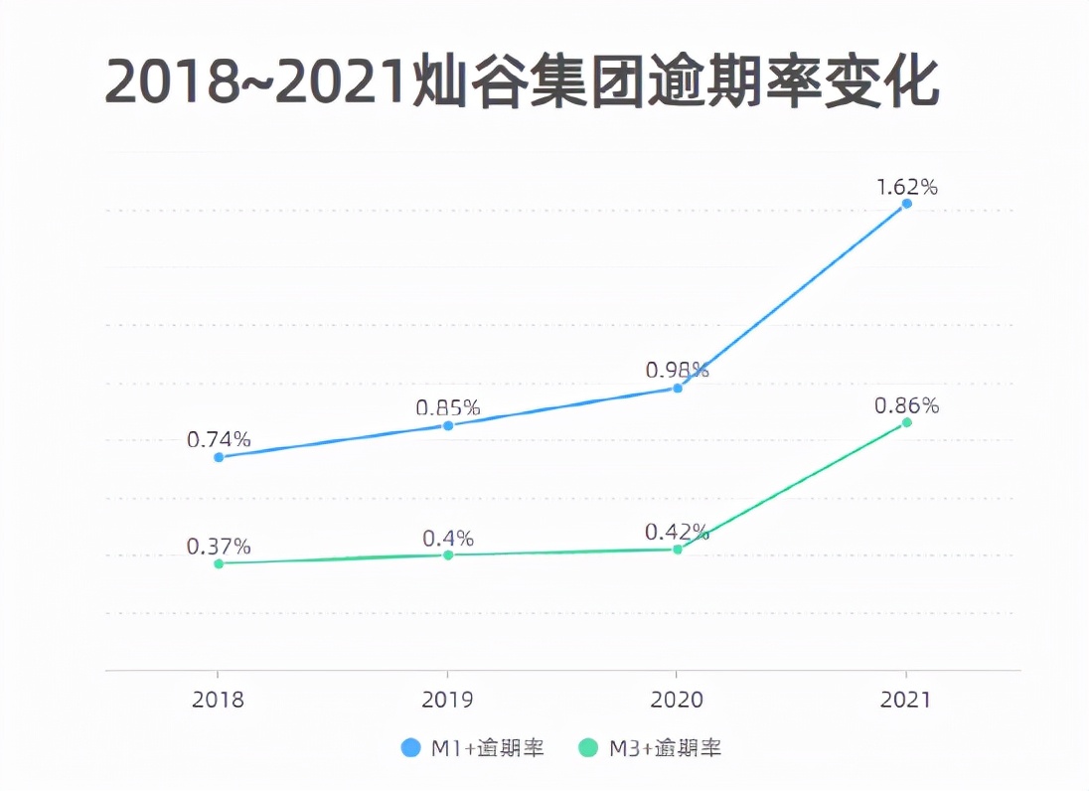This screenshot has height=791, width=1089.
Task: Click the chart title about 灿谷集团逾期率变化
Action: pos(522,81)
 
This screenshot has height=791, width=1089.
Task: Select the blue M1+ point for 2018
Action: pos(219,457)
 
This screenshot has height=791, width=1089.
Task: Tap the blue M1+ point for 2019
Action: pos(448,425)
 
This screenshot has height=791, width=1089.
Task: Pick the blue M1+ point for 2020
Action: pos(678,388)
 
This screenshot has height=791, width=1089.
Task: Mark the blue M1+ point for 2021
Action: pos(906,204)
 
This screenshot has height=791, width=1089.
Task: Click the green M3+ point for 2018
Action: pos(219,563)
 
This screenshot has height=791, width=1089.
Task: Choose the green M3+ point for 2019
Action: pos(448,554)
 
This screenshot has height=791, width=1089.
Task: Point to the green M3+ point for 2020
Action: pos(678,549)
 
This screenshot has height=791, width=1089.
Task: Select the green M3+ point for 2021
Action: pos(906,422)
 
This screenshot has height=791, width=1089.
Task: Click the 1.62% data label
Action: pos(906,187)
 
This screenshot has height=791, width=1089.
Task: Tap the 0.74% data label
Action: pos(219,439)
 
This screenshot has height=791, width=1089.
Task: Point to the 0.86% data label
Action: pos(906,405)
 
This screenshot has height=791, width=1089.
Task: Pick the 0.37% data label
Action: pos(219,547)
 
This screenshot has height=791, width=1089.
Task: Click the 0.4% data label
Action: pos(448,538)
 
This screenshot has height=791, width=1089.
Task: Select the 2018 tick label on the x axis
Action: pos(219,700)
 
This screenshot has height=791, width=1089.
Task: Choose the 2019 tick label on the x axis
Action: pos(448,700)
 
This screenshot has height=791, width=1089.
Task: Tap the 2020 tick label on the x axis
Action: pos(678,700)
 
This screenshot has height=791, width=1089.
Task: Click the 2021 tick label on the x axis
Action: pos(906,700)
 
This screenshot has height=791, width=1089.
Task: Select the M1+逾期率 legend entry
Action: pos(473,748)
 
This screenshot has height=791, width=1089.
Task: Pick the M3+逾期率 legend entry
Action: pos(651,748)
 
